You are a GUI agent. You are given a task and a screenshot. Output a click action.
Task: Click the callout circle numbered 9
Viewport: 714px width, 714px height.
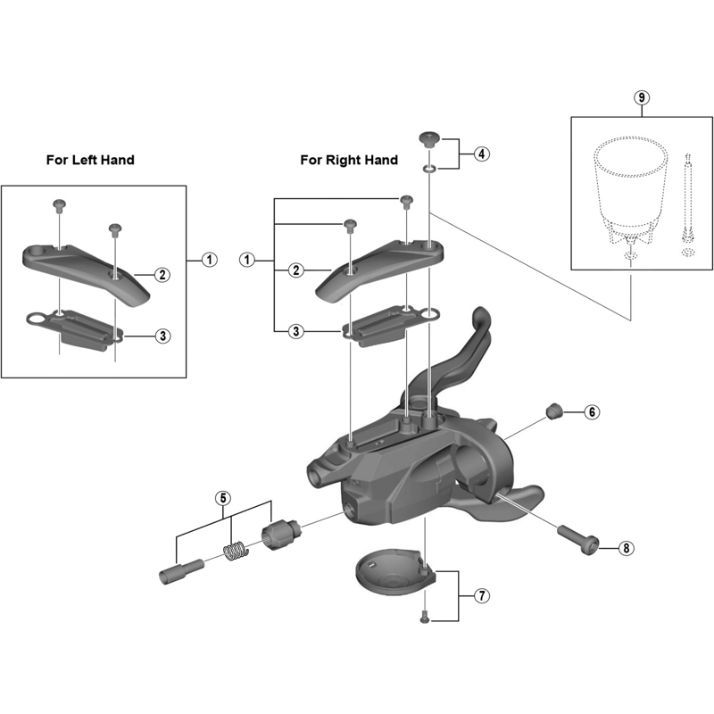pos(639,98)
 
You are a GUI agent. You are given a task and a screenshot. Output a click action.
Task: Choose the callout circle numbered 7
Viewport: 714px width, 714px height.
pos(482,595)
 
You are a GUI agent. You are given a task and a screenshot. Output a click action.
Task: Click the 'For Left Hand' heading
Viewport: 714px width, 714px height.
pos(90,160)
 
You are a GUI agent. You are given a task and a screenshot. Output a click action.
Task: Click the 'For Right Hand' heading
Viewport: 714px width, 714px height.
pos(349,160)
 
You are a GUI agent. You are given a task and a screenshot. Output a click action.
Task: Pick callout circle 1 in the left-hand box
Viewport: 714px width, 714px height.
pos(208,260)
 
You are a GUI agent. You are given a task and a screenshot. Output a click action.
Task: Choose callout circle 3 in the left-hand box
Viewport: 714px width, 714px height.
pos(162,336)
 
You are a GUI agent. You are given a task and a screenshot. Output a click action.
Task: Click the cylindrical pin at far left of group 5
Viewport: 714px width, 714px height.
pos(178,569)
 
